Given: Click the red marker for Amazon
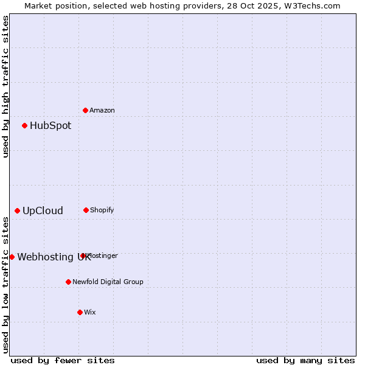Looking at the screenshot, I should [x=86, y=110].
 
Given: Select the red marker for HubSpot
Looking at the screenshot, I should [x=25, y=126].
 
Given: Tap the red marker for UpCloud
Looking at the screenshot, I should [x=18, y=211].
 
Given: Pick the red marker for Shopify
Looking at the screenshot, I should [x=86, y=210].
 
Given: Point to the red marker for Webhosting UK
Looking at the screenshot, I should [x=12, y=257].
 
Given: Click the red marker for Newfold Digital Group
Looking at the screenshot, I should [x=69, y=282].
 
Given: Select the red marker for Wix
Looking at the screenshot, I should [x=80, y=312].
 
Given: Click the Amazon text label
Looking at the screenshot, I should [x=102, y=111].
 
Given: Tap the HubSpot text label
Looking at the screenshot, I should [x=50, y=126].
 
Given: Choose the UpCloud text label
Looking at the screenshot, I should [x=43, y=211].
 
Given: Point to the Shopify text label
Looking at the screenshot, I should [x=102, y=210].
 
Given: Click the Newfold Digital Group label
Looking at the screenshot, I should [x=108, y=282].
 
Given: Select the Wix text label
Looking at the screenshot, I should [x=90, y=313].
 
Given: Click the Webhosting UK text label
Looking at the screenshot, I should [x=54, y=257].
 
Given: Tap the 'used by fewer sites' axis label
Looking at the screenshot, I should [x=63, y=361].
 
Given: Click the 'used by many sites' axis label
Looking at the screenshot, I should [x=305, y=361].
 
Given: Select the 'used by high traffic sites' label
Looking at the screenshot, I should [x=5, y=86].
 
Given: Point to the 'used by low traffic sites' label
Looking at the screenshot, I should [x=5, y=285].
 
